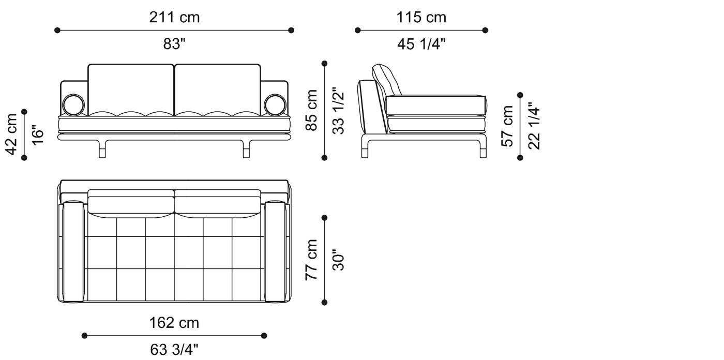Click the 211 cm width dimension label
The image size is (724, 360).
pyautogui.click(x=174, y=18)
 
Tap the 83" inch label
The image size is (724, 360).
pyautogui.click(x=174, y=44)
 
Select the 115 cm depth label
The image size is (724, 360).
pyautogui.click(x=421, y=18)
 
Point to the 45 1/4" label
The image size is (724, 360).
pyautogui.click(x=421, y=45)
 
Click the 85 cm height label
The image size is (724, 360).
pyautogui.click(x=311, y=110)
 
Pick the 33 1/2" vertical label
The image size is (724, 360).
pyautogui.click(x=338, y=111)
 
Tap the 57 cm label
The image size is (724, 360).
pyautogui.click(x=508, y=126)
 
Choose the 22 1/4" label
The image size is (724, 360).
pyautogui.click(x=535, y=126)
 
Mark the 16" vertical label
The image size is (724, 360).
pyautogui.click(x=38, y=134)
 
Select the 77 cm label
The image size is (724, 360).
pyautogui.click(x=311, y=260)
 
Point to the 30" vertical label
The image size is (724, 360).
pyautogui.click(x=338, y=260)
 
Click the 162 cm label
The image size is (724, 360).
pyautogui.click(x=174, y=323)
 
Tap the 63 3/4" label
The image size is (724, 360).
pyautogui.click(x=174, y=350)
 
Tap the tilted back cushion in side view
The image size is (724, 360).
pyautogui.click(x=387, y=80)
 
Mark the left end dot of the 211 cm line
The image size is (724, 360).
pyautogui.click(x=57, y=31)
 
